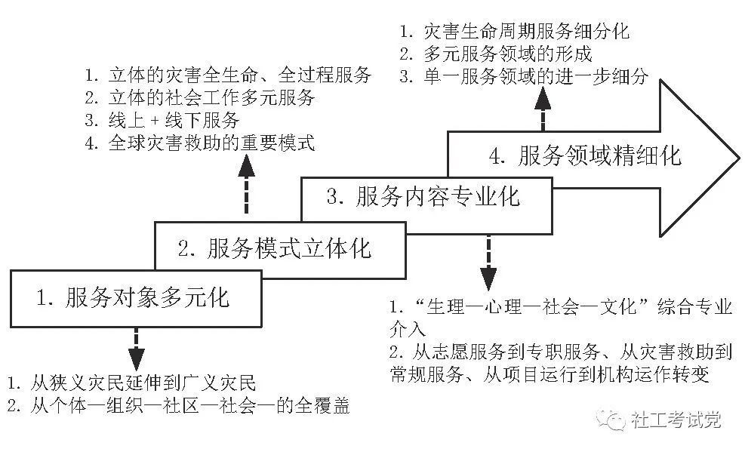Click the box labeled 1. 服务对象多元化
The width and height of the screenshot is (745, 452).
pos(136,299)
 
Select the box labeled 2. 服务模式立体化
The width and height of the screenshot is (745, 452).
pos(280,250)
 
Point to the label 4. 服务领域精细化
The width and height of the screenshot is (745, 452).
pos(586,155)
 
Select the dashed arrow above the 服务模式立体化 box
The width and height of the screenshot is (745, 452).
pos(246,184)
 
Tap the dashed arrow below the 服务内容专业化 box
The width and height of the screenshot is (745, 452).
pos(488,263)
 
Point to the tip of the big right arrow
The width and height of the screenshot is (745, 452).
pos(739,159)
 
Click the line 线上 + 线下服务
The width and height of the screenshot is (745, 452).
pos(162,121)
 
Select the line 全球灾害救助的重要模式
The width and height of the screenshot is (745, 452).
pos(200,143)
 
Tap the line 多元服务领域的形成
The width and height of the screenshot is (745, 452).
pos(496,54)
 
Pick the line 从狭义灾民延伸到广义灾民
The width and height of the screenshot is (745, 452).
pos(131,383)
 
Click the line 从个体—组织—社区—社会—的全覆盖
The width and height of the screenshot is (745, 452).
pos(179,406)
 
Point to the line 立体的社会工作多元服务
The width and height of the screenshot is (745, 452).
pos(200,98)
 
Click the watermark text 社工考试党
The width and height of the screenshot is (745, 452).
pos(676,420)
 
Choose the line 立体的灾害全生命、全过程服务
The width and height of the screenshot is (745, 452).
pos(228,75)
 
